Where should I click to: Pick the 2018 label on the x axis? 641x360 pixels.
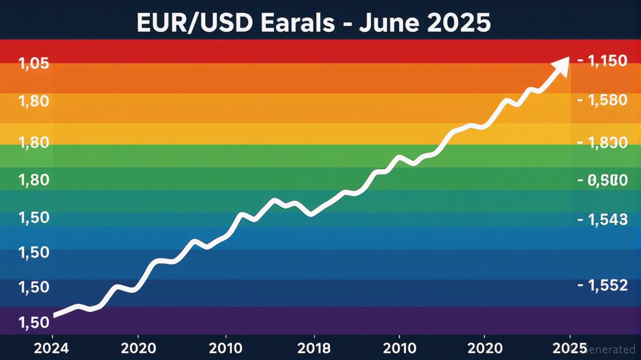313,348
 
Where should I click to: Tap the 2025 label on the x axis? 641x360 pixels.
569,348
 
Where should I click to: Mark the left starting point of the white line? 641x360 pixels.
55,315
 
